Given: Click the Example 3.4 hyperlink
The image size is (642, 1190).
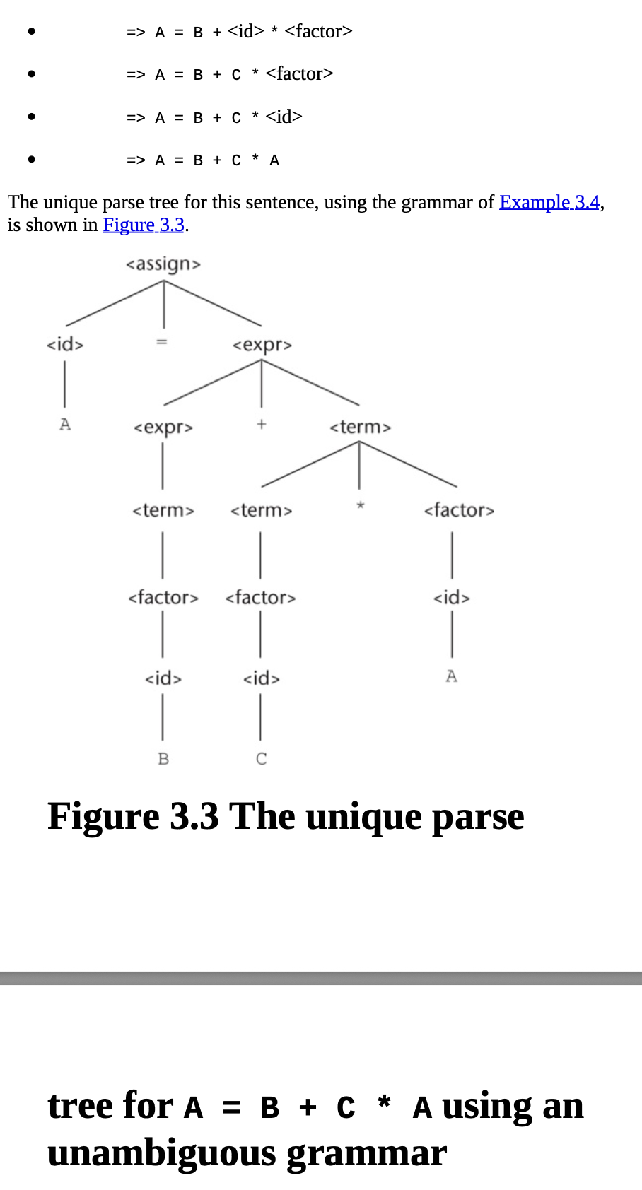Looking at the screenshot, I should (549, 203).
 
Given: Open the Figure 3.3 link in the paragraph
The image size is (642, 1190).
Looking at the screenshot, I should (144, 225).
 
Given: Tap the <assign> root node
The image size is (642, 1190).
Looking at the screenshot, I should (163, 264).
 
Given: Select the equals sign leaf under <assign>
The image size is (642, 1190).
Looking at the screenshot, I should (162, 342).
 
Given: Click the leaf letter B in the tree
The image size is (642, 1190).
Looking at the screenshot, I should (163, 759).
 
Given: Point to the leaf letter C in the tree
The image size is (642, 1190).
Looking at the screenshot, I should (262, 759).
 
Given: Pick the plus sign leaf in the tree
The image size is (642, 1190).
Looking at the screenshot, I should (262, 424).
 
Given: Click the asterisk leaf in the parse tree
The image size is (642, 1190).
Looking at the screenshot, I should (360, 505).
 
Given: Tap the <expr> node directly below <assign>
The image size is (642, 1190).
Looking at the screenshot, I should (262, 345).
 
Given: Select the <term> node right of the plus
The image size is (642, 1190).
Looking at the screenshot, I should (360, 427).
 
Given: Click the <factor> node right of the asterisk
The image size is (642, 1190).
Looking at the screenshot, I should (459, 510).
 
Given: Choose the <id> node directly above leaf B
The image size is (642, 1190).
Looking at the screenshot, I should (163, 678).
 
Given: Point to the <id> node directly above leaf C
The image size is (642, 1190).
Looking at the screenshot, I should (262, 678).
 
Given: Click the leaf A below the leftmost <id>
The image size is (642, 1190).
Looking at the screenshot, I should (65, 425).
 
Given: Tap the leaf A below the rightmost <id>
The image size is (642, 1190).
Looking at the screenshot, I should (452, 676).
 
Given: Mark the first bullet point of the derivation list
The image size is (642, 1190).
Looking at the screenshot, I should (31, 32).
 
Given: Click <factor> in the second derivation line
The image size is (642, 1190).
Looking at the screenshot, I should (299, 73).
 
